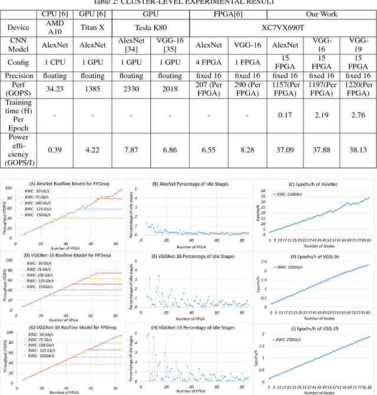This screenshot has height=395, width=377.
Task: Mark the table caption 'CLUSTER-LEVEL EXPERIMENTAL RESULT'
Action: [188, 2]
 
